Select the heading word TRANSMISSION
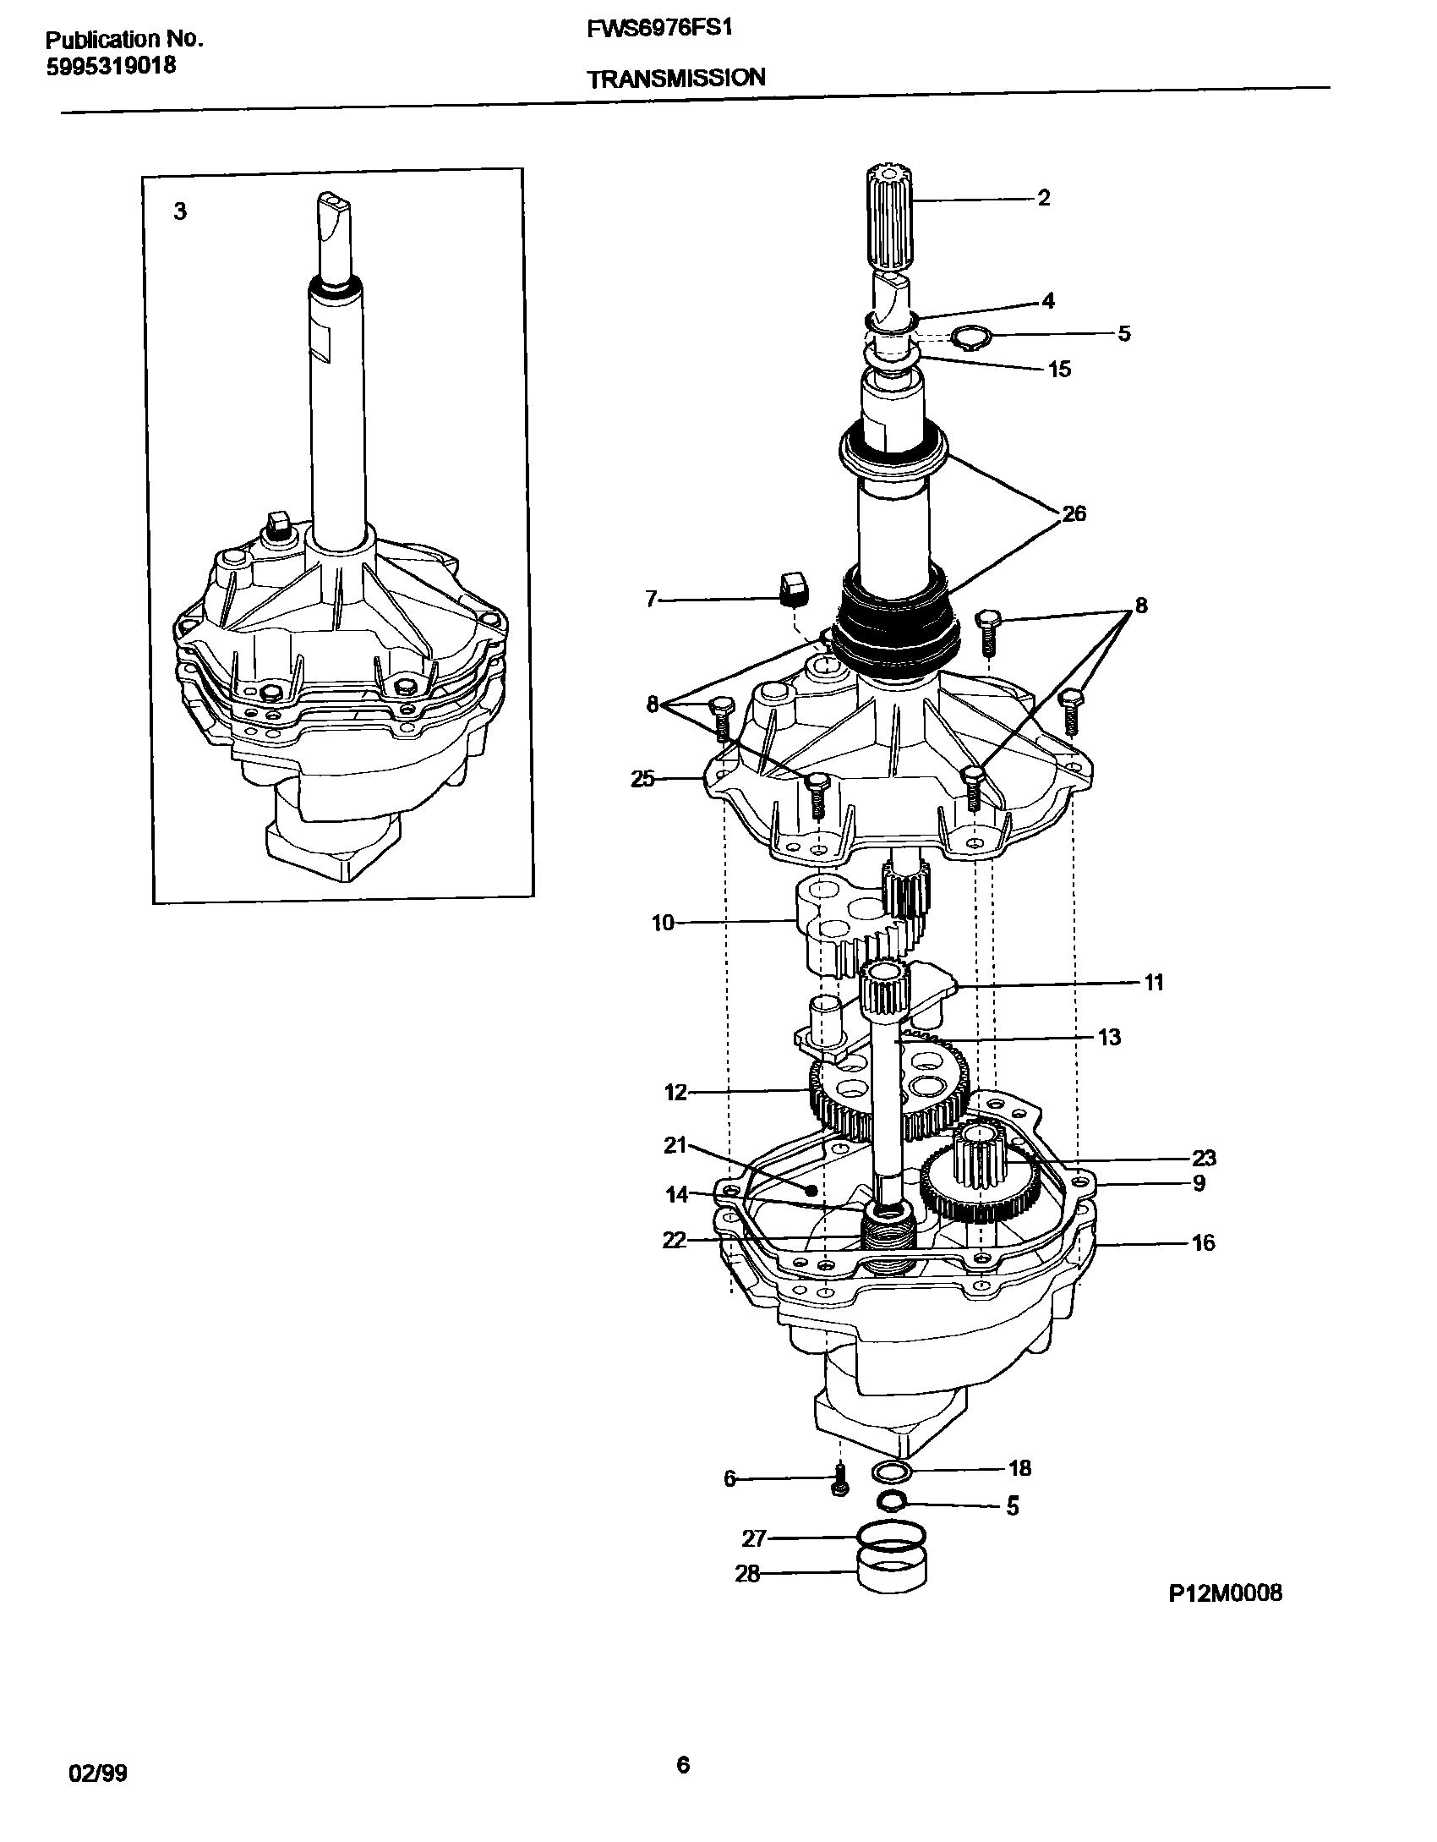tap(675, 78)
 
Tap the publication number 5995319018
tap(111, 65)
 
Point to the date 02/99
tap(98, 1767)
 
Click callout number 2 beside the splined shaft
tap(1044, 198)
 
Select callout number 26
tap(1074, 513)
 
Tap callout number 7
tap(651, 600)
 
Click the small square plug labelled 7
tap(792, 589)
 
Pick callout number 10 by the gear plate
tap(663, 923)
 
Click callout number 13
tap(1108, 1037)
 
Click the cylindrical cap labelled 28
tap(892, 1575)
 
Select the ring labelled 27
tap(890, 1534)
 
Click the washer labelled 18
tap(891, 1472)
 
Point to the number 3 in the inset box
tap(180, 211)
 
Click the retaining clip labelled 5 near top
tap(966, 339)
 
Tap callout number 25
tap(643, 779)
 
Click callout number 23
tap(1203, 1158)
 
